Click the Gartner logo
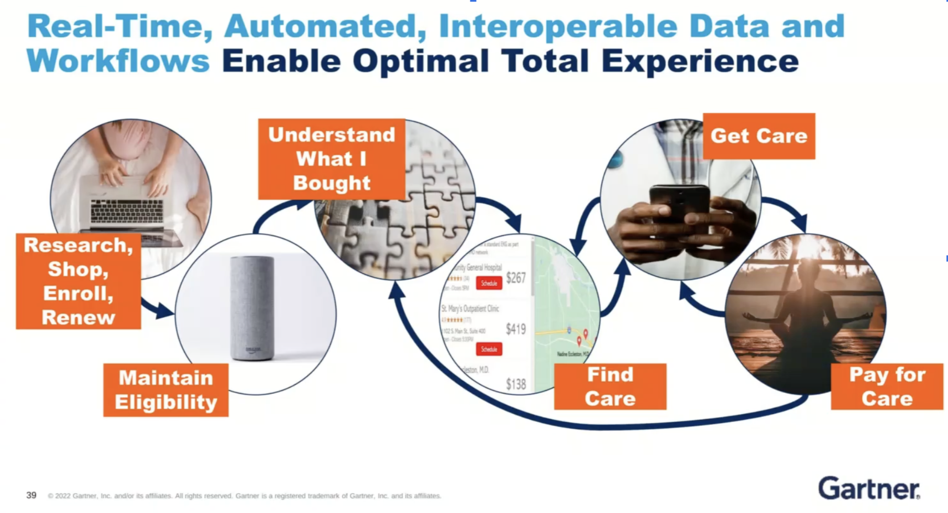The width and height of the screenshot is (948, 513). pos(868,488)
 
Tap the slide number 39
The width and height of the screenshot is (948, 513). pos(31,495)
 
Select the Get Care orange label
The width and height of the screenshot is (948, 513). pos(758,136)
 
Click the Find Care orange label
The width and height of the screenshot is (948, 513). pos(610,387)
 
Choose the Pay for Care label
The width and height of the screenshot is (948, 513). pos(887,387)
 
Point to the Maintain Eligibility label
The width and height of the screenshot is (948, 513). pos(166,390)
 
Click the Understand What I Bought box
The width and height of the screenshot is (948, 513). pos(332,159)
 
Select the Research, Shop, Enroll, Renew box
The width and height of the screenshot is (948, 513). pos(78,281)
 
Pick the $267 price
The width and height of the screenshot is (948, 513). pos(515,278)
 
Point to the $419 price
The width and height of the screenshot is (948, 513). pos(515,329)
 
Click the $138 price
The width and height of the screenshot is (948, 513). pos(515,384)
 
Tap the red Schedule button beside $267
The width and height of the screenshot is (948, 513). pos(489,283)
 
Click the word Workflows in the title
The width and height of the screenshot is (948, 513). pos(118,61)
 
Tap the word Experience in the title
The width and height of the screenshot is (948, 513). pos(700,61)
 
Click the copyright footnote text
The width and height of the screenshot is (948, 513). pos(244,496)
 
